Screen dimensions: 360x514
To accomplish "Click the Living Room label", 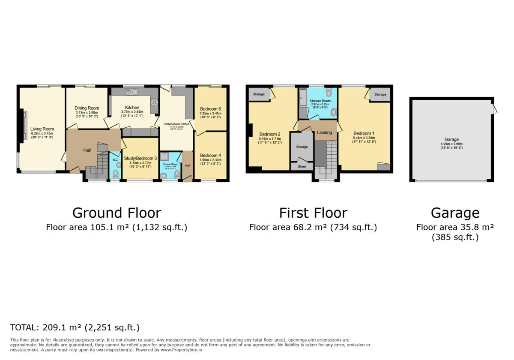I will [42, 129].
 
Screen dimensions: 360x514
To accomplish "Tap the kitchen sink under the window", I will [131, 91].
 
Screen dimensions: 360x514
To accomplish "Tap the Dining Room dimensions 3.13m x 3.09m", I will [87, 113].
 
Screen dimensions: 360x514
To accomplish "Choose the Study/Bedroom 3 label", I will [140, 158].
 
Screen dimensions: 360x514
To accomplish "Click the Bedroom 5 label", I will [210, 109].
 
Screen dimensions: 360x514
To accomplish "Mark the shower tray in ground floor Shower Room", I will [165, 156].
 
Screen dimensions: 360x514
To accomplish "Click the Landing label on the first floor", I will [324, 132].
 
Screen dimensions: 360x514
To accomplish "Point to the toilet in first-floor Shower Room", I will [329, 93].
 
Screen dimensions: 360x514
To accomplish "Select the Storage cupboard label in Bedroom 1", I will [380, 94].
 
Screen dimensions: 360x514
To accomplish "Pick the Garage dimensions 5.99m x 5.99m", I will [451, 144].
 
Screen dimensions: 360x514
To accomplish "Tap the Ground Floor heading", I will [117, 213].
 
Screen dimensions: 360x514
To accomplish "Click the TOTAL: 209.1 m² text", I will [75, 328].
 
